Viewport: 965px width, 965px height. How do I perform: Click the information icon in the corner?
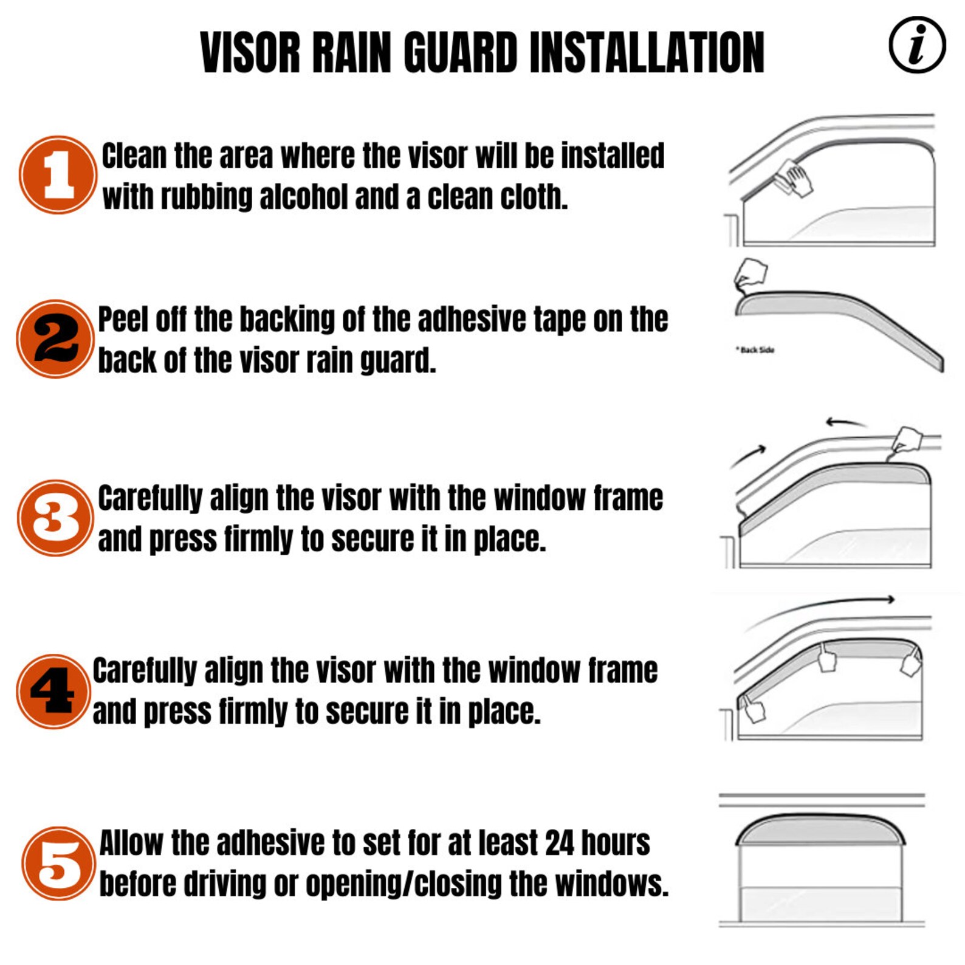(x=916, y=46)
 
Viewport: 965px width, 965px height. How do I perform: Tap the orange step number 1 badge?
(x=58, y=174)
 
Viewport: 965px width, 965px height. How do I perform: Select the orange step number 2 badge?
(x=55, y=338)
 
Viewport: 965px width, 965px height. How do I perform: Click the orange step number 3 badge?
(x=55, y=518)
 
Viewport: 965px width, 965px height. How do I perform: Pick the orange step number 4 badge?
(x=53, y=691)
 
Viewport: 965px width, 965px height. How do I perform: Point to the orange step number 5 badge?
(x=58, y=863)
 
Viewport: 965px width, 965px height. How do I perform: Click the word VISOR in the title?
(x=250, y=53)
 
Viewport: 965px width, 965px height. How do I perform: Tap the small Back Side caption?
(x=755, y=350)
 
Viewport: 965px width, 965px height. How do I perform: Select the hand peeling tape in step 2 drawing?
(x=751, y=274)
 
